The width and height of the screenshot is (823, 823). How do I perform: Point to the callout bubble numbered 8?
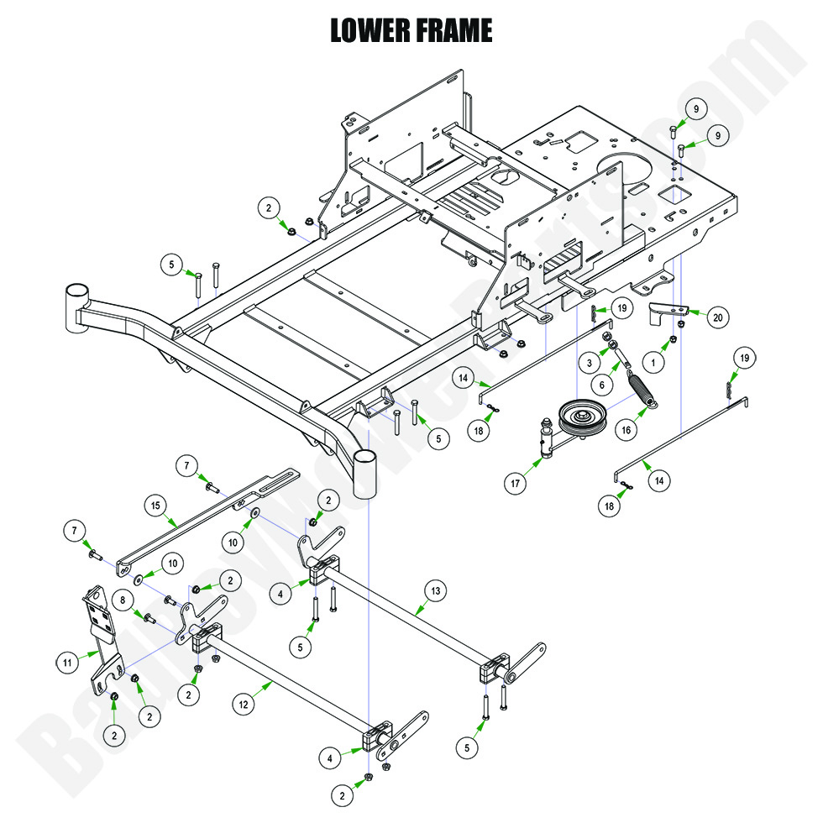pyautogui.click(x=123, y=601)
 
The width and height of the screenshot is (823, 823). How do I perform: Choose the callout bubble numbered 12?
pyautogui.click(x=244, y=706)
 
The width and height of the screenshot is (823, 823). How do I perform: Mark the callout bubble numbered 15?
pyautogui.click(x=154, y=506)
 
